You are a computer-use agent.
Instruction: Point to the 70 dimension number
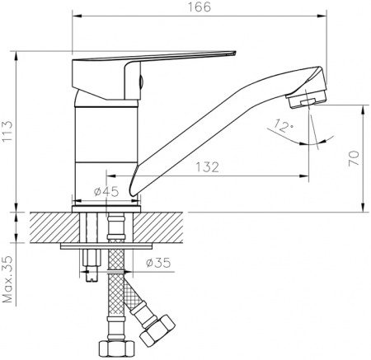[354, 158]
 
